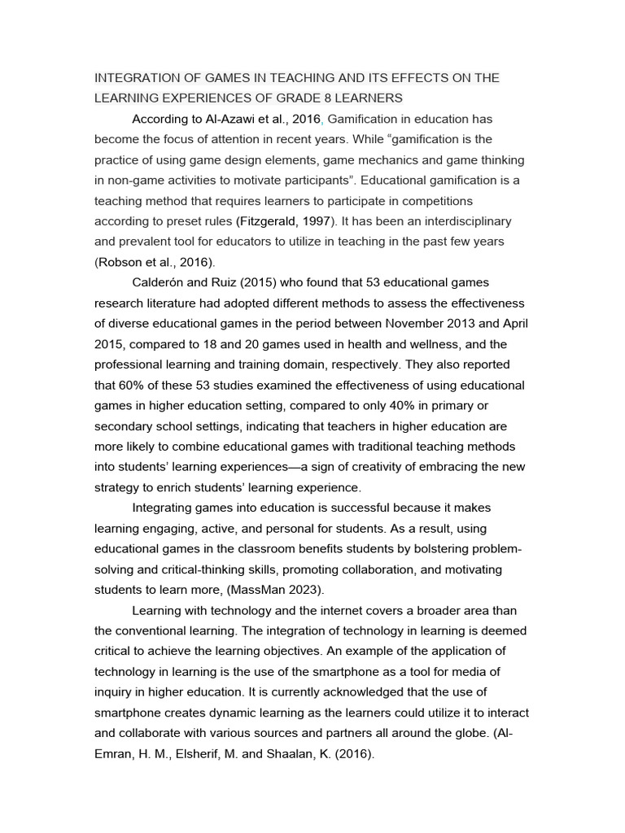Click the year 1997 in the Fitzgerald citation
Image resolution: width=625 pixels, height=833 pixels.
coord(320,221)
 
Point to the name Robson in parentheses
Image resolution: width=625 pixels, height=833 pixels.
coord(120,262)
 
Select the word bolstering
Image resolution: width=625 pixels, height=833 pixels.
coord(413,549)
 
